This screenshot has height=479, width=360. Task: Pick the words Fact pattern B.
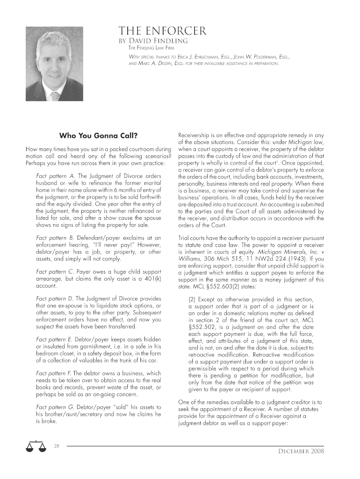53,224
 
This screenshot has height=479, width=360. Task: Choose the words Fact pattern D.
53,298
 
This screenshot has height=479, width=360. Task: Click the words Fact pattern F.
53,373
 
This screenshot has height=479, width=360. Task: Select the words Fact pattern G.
53,406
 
